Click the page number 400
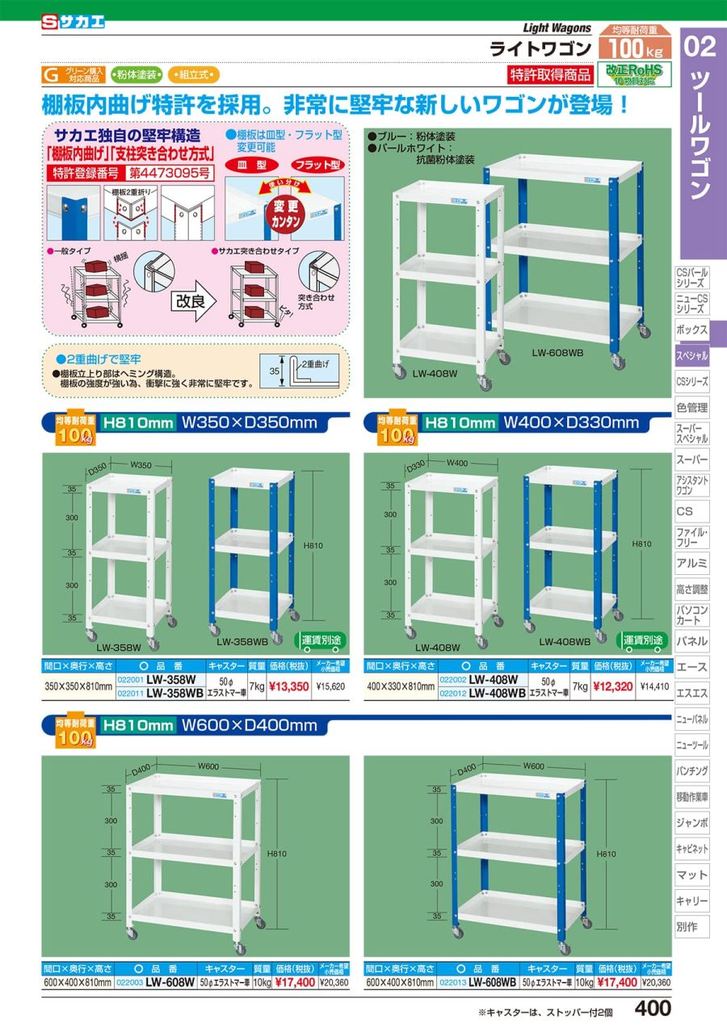point(653,1009)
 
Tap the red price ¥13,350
point(288,687)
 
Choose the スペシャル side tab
point(691,355)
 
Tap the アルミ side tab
point(691,563)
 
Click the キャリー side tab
point(691,900)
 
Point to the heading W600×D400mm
point(250,725)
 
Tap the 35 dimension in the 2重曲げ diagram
point(274,372)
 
